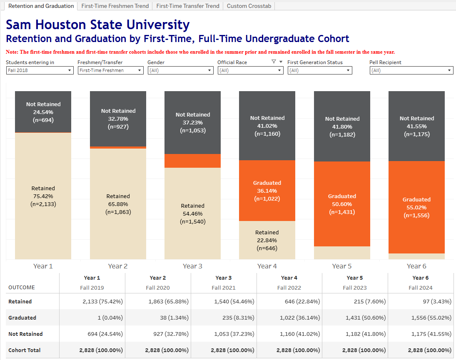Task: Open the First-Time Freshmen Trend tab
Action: click(x=115, y=6)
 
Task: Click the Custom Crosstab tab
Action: click(x=249, y=6)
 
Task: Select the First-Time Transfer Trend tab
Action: click(x=187, y=6)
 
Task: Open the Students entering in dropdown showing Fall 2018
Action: click(x=40, y=71)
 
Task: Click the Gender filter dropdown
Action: click(x=180, y=71)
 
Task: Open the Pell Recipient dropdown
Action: click(x=411, y=71)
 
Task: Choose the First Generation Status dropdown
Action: click(x=320, y=71)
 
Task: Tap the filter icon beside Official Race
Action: click(x=274, y=62)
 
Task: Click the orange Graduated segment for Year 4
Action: click(x=267, y=191)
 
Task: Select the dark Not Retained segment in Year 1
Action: click(x=43, y=112)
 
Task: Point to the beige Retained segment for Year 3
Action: click(x=192, y=213)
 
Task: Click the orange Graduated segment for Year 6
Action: click(x=416, y=207)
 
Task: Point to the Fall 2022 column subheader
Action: click(x=289, y=288)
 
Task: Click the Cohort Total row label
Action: click(x=25, y=350)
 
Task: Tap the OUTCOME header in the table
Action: click(x=22, y=288)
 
